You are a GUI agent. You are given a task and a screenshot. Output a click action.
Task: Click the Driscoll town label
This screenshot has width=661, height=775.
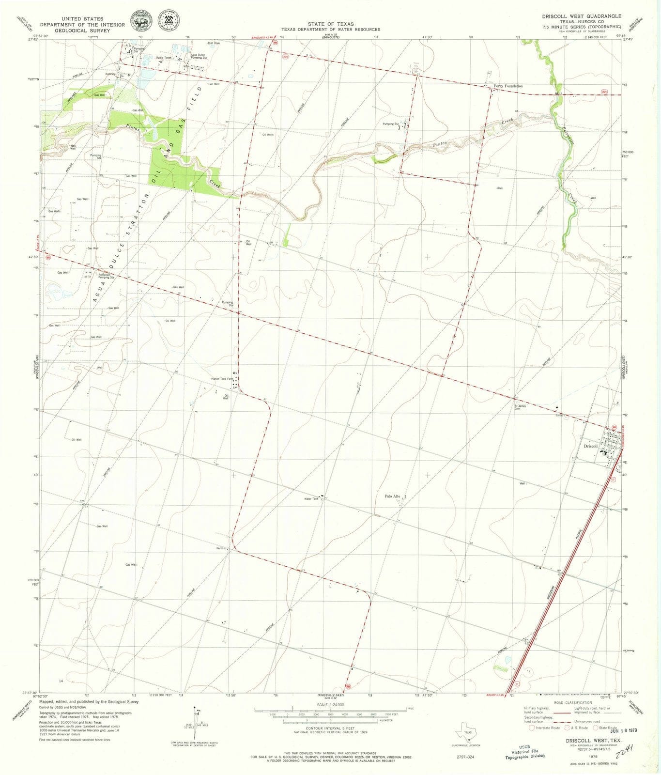pos(590,446)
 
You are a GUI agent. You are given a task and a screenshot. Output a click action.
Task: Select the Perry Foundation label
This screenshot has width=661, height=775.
pos(508,86)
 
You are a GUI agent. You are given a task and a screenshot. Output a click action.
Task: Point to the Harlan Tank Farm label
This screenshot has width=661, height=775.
pos(222,379)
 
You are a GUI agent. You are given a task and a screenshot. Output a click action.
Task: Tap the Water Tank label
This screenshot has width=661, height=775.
pos(311,498)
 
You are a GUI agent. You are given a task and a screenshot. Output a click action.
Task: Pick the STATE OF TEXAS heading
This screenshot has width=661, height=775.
pos(331,24)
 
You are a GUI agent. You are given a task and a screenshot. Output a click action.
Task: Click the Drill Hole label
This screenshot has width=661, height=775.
pos(214,43)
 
